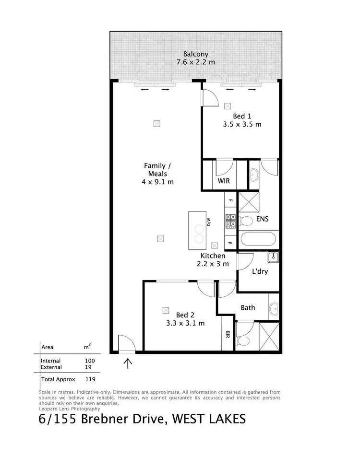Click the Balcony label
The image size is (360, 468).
click(195, 54)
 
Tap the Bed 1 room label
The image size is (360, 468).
click(242, 116)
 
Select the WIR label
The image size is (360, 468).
click(224, 182)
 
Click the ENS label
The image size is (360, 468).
click(262, 219)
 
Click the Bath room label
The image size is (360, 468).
click(248, 308)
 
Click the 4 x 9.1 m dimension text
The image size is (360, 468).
click(158, 182)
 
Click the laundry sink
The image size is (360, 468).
click(274, 257)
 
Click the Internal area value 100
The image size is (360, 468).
click(90, 361)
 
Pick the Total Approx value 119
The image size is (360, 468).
click(90, 378)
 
